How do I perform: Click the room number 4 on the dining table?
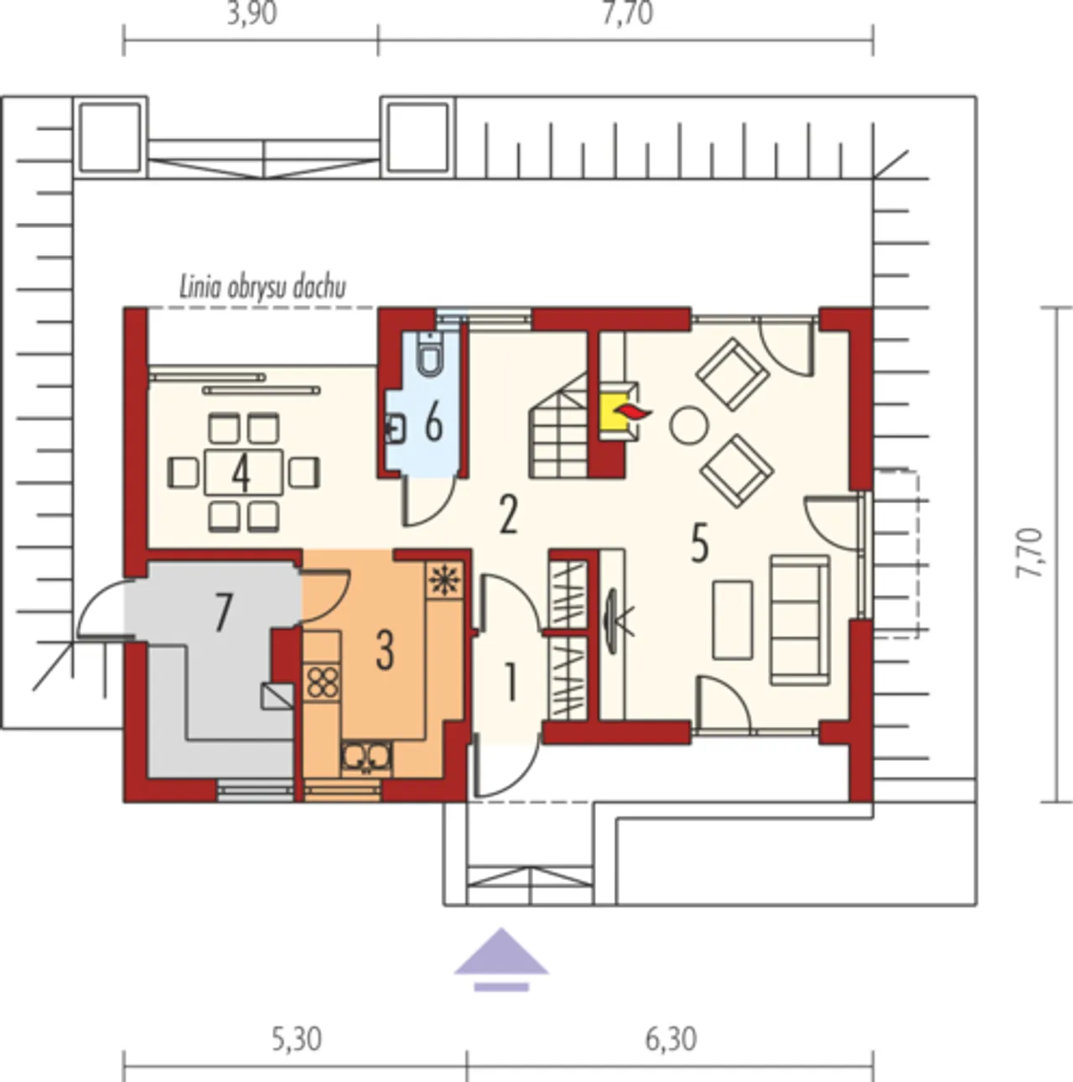pyautogui.click(x=241, y=472)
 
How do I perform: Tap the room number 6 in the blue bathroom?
pyautogui.click(x=433, y=423)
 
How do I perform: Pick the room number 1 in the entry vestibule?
pyautogui.click(x=511, y=682)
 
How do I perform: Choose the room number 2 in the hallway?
pyautogui.click(x=508, y=514)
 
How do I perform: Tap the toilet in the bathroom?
pyautogui.click(x=431, y=355)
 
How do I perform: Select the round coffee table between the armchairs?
pyautogui.click(x=688, y=424)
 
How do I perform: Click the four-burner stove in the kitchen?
pyautogui.click(x=322, y=681)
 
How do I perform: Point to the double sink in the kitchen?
pyautogui.click(x=366, y=758)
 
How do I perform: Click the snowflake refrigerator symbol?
pyautogui.click(x=445, y=579)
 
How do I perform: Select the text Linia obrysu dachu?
pyautogui.click(x=262, y=288)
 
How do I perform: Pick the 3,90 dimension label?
pyautogui.click(x=252, y=13)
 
